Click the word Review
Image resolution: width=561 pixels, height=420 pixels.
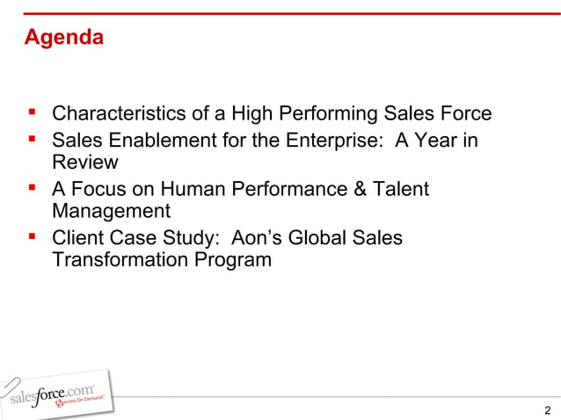tap(85, 163)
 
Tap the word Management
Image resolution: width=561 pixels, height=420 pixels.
tap(111, 212)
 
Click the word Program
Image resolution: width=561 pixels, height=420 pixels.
tap(234, 261)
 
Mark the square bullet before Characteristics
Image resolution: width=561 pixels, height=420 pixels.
tap(33, 114)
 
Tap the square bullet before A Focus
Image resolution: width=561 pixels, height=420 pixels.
tap(33, 188)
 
